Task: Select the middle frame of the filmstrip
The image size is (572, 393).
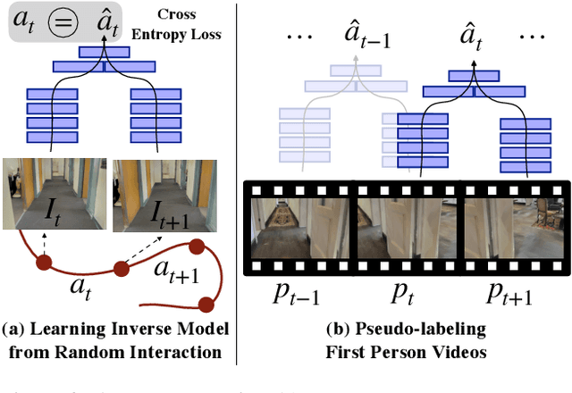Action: [x=408, y=228]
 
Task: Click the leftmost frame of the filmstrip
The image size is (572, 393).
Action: [x=301, y=228]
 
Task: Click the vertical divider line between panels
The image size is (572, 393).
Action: [x=236, y=179]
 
